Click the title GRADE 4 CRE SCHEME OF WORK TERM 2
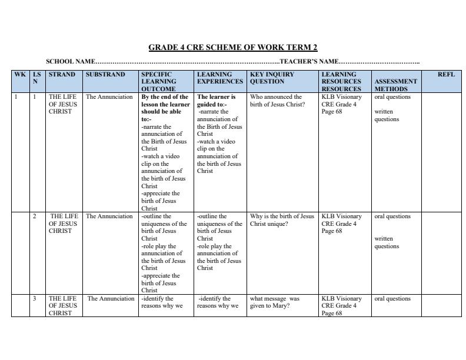[x=232, y=47]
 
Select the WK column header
[x=20, y=75]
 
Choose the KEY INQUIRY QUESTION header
[x=272, y=78]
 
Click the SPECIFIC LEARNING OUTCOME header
[x=158, y=82]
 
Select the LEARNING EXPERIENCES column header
[x=219, y=78]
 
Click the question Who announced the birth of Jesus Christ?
[x=277, y=101]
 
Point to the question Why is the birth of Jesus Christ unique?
[x=282, y=220]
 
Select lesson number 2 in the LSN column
[x=35, y=216]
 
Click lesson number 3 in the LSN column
[x=35, y=299]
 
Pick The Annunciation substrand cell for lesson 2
[x=109, y=216]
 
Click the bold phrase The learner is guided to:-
[x=216, y=101]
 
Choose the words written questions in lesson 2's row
[x=387, y=243]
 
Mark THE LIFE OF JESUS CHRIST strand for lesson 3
[x=62, y=306]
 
